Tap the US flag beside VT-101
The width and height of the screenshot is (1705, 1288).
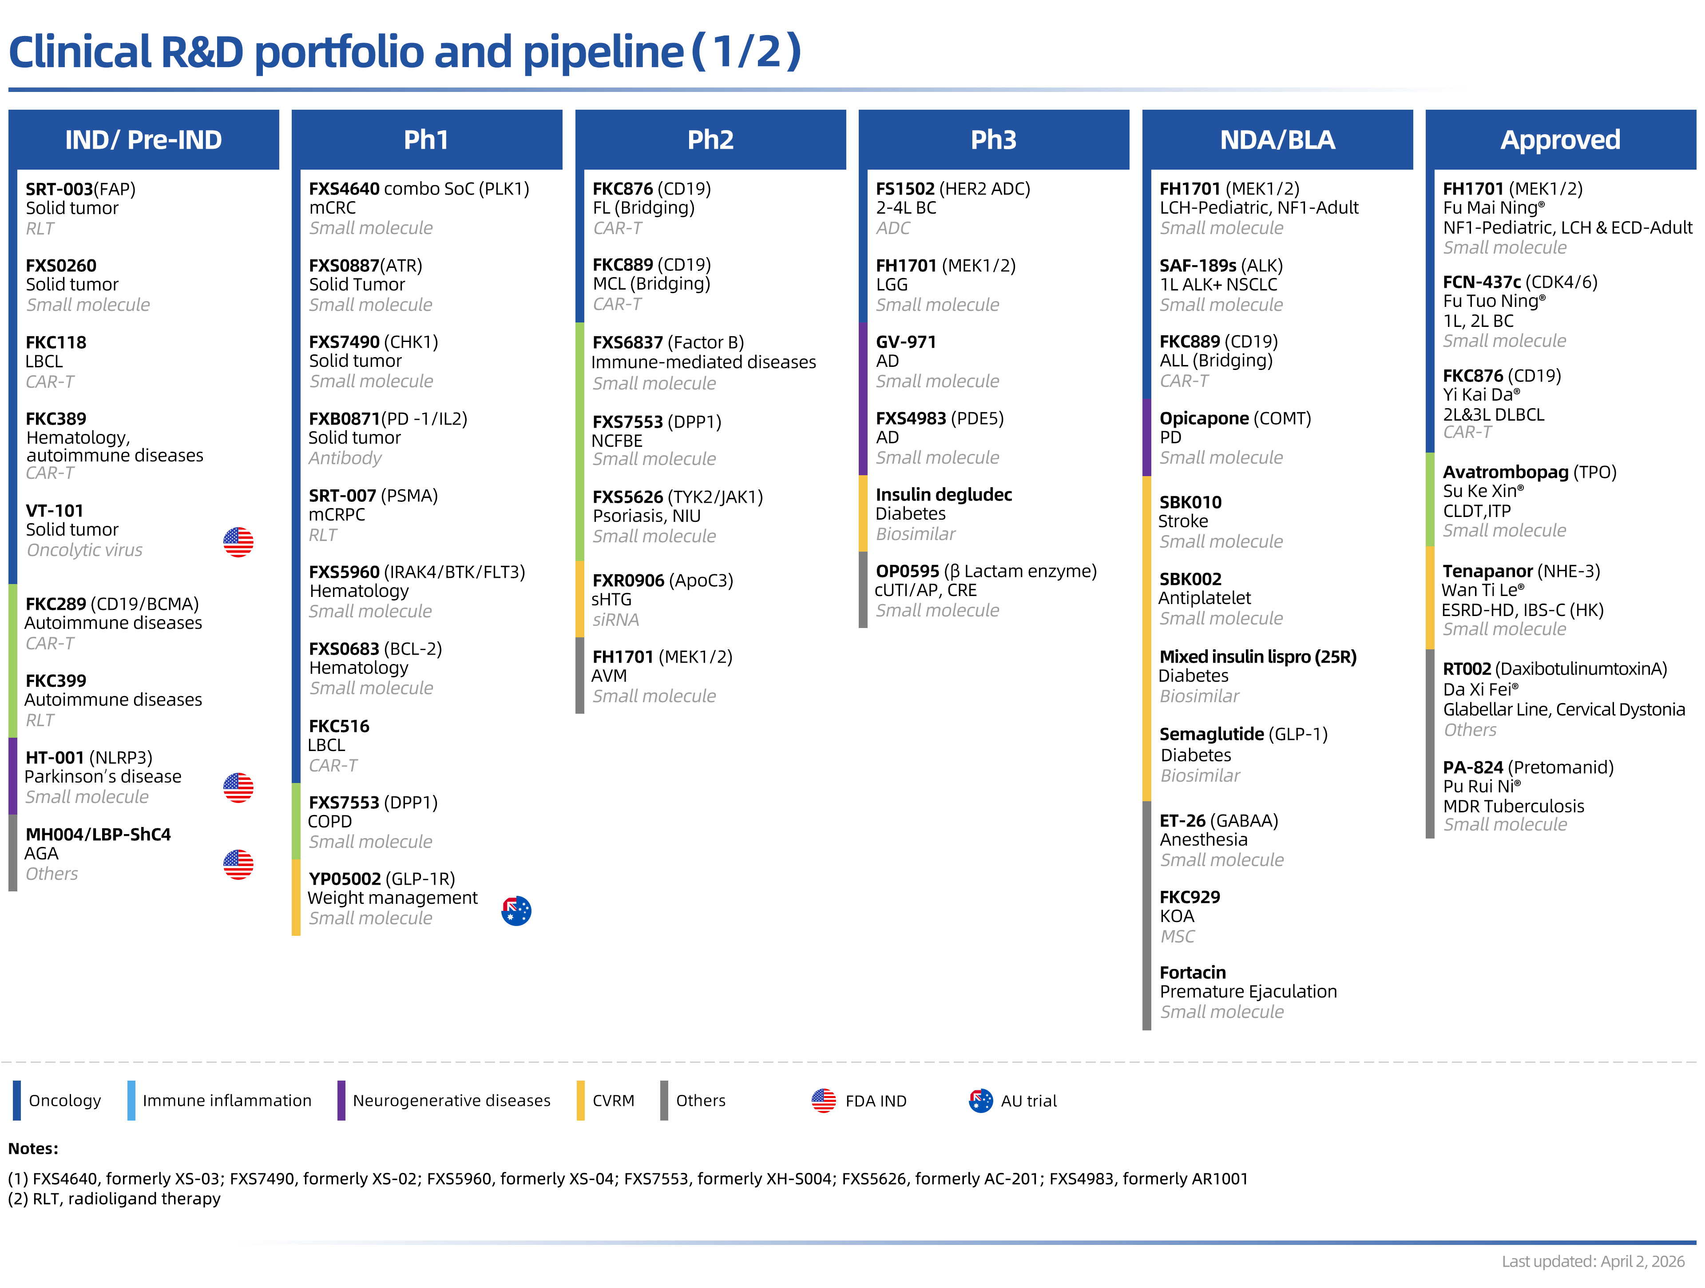(238, 542)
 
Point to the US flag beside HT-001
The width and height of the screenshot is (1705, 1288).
(238, 787)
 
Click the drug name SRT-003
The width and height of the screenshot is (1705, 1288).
(59, 189)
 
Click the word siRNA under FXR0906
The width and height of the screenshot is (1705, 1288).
(615, 620)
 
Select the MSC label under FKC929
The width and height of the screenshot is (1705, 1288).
(1177, 937)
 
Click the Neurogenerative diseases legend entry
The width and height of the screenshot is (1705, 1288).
(451, 1101)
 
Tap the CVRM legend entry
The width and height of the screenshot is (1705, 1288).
(613, 1101)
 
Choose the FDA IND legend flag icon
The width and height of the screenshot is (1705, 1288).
(823, 1101)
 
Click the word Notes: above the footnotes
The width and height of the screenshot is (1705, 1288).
(33, 1149)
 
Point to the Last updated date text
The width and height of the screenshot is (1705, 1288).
(1593, 1261)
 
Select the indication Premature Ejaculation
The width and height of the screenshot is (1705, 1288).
(1248, 992)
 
